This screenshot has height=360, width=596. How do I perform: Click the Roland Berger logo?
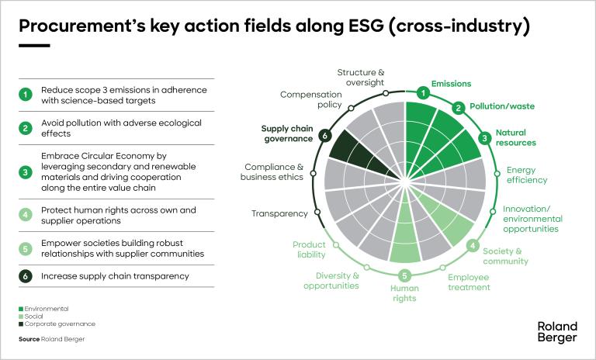(x=557, y=331)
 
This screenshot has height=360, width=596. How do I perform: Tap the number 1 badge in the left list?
(x=26, y=95)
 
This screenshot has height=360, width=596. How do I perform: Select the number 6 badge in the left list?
(x=26, y=275)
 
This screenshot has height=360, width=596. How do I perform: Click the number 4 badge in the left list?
(x=26, y=216)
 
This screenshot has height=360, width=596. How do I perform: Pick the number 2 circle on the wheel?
(x=459, y=108)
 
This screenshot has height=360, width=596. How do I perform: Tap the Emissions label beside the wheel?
(x=451, y=84)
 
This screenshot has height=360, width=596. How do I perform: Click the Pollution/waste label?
(x=505, y=106)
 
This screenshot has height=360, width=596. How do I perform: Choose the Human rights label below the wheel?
(x=404, y=292)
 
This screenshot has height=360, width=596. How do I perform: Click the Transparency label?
(x=280, y=213)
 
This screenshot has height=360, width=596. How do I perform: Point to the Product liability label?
(x=309, y=249)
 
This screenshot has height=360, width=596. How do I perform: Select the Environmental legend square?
(x=22, y=309)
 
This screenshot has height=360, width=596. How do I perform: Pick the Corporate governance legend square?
(x=22, y=324)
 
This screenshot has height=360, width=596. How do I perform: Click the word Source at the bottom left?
(x=29, y=339)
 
